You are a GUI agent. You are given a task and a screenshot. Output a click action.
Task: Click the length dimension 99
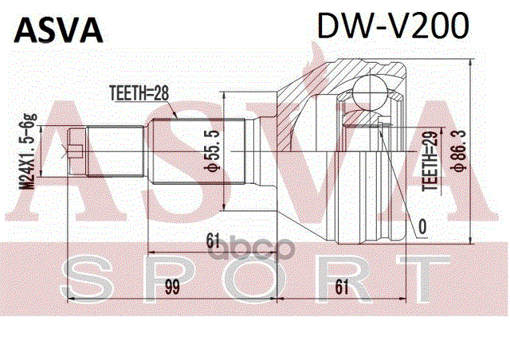(171, 286)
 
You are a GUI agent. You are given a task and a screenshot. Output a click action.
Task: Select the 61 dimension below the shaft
(212, 239)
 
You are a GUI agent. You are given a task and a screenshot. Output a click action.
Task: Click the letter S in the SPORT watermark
(85, 276)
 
